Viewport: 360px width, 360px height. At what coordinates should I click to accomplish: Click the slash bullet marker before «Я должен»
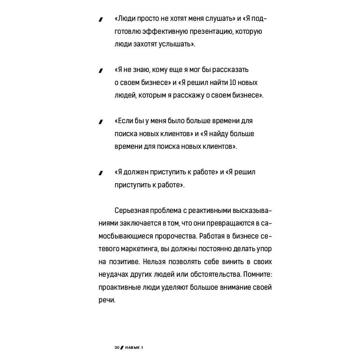(x=101, y=173)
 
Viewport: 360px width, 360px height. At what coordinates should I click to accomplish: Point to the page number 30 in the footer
(x=117, y=348)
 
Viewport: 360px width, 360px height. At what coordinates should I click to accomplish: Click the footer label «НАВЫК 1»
(x=134, y=348)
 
